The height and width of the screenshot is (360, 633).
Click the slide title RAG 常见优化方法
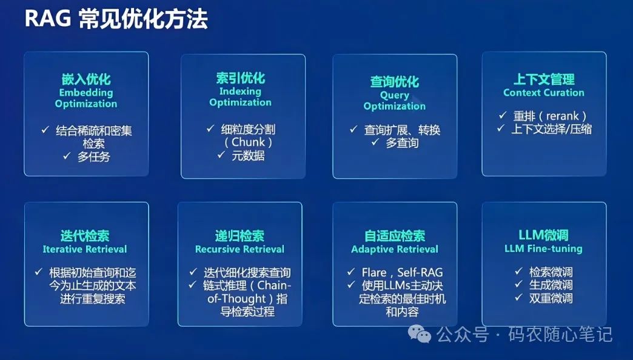(115, 19)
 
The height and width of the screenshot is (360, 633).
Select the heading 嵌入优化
(86, 79)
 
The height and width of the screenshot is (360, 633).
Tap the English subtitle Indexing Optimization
(240, 97)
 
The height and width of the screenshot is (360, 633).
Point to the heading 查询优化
(395, 82)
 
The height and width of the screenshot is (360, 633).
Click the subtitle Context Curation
(544, 93)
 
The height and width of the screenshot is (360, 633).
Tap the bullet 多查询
(402, 143)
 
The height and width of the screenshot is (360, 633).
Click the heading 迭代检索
(85, 236)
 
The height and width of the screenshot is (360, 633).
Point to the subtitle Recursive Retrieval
(239, 249)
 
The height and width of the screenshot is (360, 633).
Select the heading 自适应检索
(395, 236)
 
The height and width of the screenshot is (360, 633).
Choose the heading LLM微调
(544, 235)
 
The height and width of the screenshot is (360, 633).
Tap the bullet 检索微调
(551, 272)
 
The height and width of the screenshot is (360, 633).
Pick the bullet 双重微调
(551, 298)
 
